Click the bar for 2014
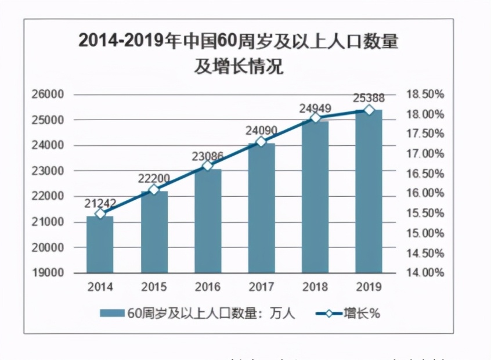tap(100, 244)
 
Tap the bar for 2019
tap(369, 192)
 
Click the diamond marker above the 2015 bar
tap(154, 190)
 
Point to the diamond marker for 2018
tap(315, 117)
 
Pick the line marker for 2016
tap(208, 166)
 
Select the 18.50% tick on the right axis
tap(425, 94)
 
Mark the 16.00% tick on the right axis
tap(425, 193)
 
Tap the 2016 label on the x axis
tap(207, 287)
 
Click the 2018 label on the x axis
tap(315, 287)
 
